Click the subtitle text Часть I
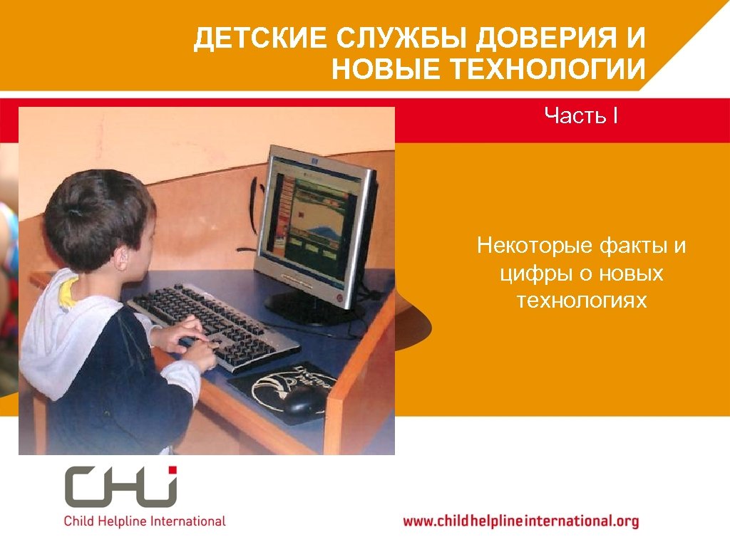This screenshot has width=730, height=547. click(580, 115)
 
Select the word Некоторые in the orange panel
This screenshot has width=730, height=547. click(532, 247)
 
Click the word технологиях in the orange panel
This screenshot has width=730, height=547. click(582, 300)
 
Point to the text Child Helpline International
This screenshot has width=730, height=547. click(145, 521)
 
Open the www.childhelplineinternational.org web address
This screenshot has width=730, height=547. click(521, 521)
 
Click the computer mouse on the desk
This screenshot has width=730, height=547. click(304, 400)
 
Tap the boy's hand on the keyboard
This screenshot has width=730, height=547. click(192, 348)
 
